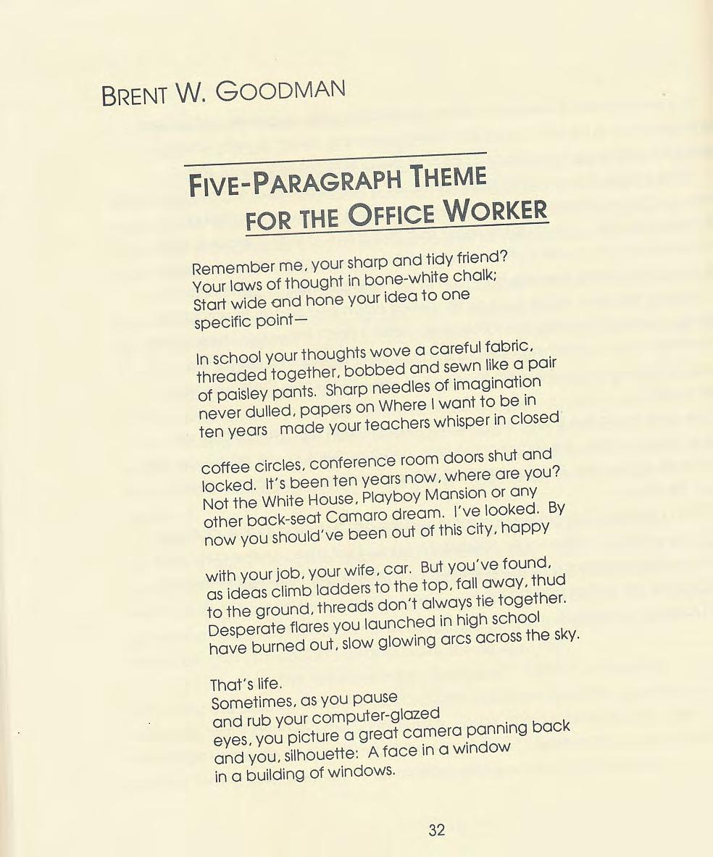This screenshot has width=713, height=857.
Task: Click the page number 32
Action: pos(436,829)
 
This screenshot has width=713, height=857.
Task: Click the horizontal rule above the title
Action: pos(335,157)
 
